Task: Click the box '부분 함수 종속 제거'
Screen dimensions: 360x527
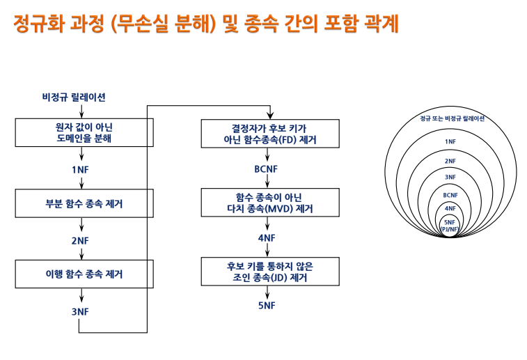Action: pyautogui.click(x=83, y=204)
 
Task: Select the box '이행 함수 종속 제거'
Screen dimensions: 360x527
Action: pyautogui.click(x=83, y=274)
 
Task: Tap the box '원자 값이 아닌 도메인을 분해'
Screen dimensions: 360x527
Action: pyautogui.click(x=83, y=132)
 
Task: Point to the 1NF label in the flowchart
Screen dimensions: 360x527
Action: pyautogui.click(x=81, y=169)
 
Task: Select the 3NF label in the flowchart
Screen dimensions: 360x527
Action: pyautogui.click(x=81, y=311)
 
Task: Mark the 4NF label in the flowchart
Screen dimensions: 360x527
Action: pyautogui.click(x=267, y=237)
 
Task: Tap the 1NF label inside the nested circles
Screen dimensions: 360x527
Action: pyautogui.click(x=450, y=142)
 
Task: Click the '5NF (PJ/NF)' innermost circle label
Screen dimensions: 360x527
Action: pyautogui.click(x=450, y=225)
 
